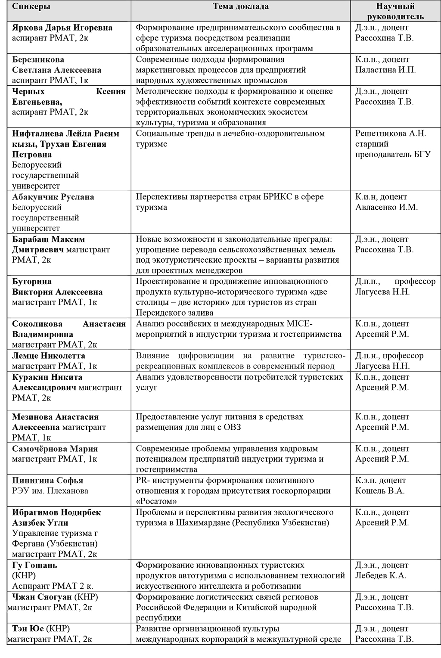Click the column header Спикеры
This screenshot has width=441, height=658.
pos(31,6)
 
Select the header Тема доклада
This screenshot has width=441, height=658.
pos(241,6)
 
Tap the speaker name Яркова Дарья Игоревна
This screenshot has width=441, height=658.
pos(62,28)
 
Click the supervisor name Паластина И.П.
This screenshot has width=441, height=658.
pos(385,70)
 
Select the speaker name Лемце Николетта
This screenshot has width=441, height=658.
pos(49,356)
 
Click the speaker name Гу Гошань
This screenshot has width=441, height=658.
pos(34,565)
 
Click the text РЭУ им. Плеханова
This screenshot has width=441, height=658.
pos(50,490)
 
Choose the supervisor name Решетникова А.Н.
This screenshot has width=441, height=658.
pos(391,133)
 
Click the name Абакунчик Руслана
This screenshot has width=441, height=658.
pos(53,197)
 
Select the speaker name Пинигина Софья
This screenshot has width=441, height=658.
pos(48,480)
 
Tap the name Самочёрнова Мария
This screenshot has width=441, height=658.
pos(55,448)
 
